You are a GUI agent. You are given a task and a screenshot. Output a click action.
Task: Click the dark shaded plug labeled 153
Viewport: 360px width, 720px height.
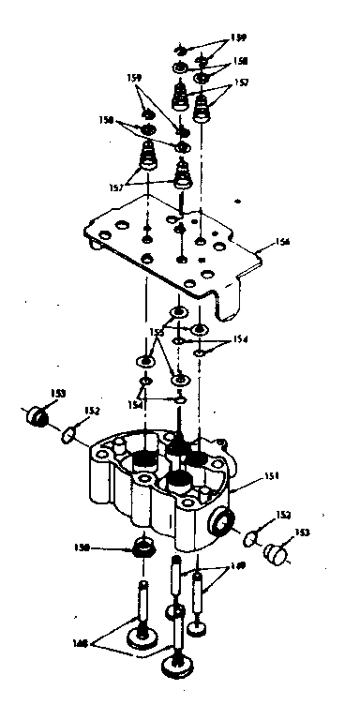click(38, 415)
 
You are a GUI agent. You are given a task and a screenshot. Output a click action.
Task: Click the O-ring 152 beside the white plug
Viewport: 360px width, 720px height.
click(249, 538)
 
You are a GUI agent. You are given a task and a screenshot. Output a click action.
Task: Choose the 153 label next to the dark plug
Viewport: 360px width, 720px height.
click(58, 393)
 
